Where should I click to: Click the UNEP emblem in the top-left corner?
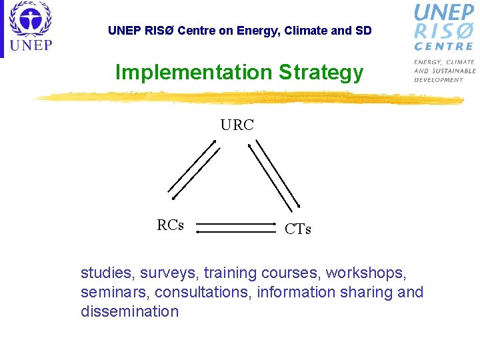click(x=30, y=19)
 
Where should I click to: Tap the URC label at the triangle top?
click(x=237, y=125)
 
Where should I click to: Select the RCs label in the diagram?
click(x=171, y=225)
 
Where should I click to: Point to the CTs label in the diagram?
click(x=297, y=229)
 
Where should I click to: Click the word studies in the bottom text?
click(x=104, y=273)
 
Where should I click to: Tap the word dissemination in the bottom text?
click(x=129, y=311)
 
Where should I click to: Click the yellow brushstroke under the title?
click(x=247, y=98)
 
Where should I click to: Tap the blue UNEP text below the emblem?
click(x=30, y=46)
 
